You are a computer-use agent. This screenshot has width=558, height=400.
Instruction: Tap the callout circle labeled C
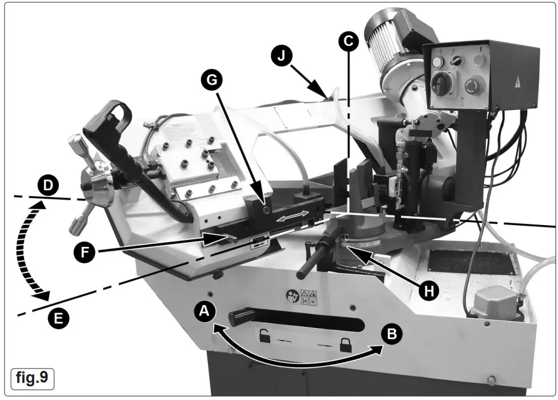(x=348, y=40)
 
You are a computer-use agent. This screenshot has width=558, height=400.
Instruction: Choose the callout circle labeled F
(x=85, y=252)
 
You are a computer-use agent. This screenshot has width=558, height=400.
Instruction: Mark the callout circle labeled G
(x=212, y=82)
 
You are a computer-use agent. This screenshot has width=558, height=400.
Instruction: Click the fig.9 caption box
(x=33, y=378)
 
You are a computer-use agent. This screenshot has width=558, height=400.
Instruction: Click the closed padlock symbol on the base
(x=345, y=345)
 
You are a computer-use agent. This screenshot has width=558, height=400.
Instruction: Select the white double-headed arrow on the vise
(x=295, y=218)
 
